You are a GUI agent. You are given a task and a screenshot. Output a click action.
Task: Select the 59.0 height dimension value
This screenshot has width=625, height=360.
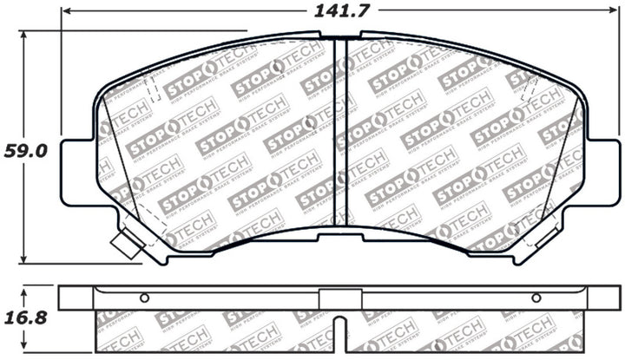27,150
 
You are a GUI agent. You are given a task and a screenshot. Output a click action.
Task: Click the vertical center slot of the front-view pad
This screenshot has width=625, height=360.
340,130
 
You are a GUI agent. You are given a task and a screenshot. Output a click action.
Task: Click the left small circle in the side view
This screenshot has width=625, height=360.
144,298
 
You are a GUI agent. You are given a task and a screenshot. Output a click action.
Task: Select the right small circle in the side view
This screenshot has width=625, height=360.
536,298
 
